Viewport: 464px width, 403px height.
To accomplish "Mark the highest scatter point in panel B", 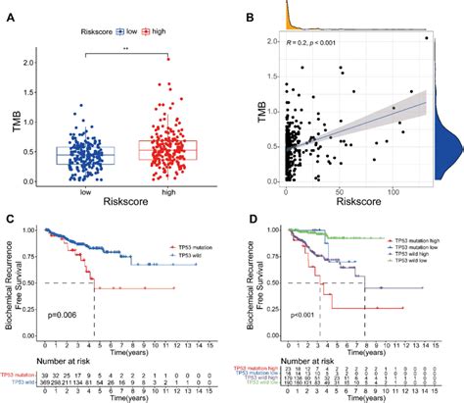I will click(x=427, y=37).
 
